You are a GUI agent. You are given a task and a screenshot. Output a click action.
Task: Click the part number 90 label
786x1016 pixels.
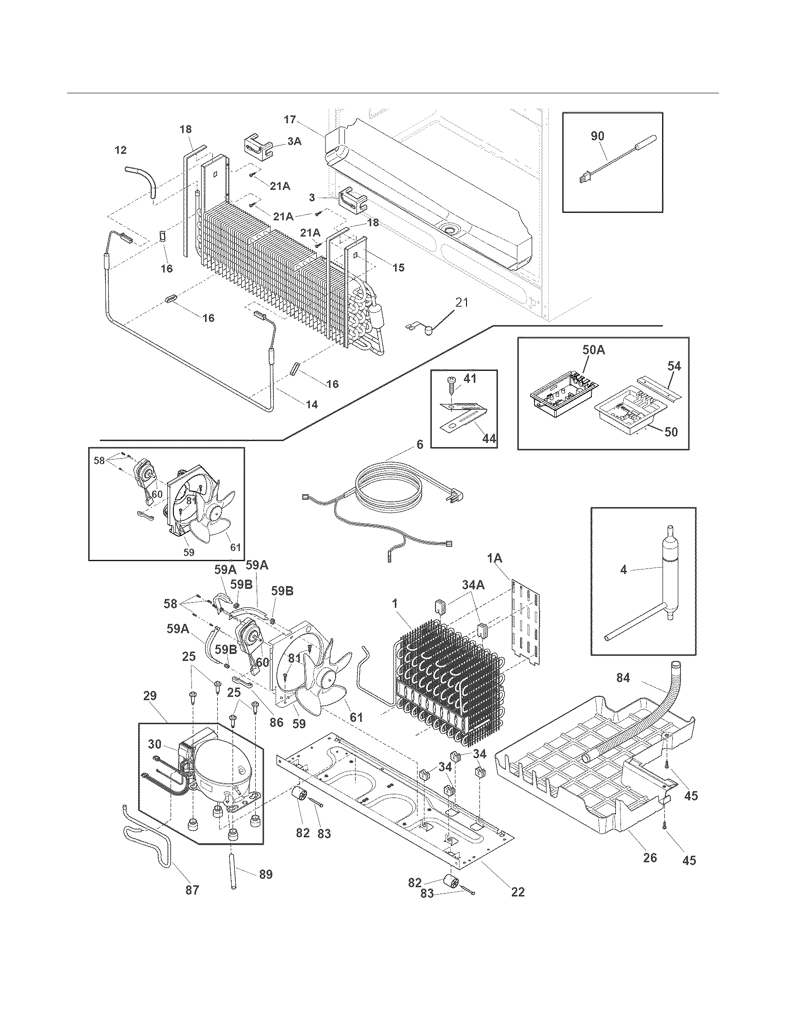[x=597, y=136]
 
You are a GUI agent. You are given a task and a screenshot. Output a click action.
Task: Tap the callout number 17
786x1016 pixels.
[x=289, y=120]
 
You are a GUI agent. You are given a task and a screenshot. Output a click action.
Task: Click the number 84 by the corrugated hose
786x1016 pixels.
[x=623, y=678]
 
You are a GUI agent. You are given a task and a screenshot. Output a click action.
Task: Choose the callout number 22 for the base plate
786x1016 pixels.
[x=517, y=892]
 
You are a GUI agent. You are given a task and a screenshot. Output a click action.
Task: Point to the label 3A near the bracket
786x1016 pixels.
[x=294, y=141]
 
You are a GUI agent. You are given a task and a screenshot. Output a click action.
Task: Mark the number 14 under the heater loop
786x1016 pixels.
[x=312, y=405]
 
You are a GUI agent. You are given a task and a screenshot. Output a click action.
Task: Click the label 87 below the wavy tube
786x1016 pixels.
[x=192, y=889]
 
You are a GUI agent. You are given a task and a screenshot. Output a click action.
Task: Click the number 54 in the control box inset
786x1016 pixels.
[x=674, y=367]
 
